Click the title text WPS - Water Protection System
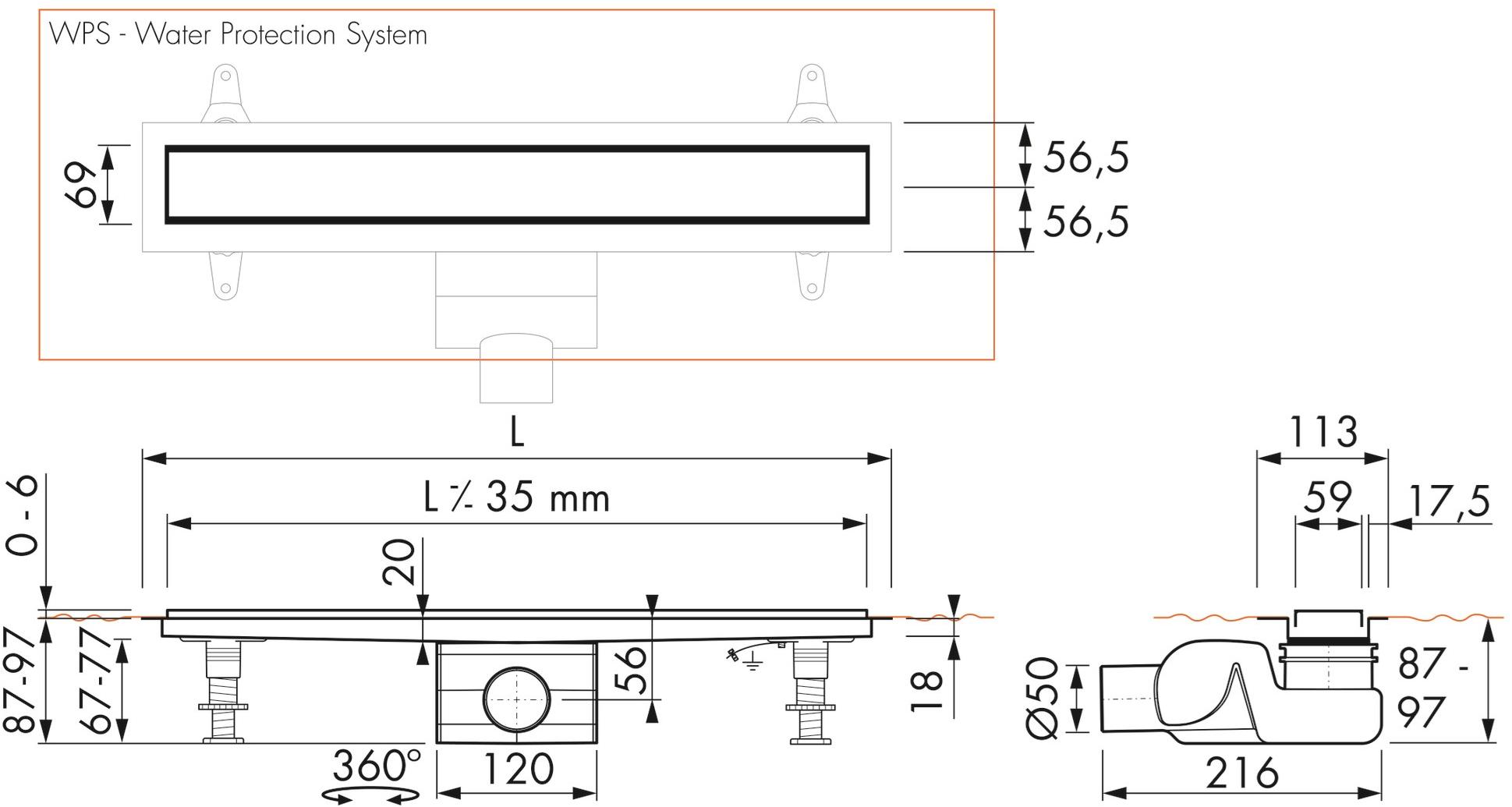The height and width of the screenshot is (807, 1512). (238, 35)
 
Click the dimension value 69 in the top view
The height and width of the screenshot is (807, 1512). (82, 185)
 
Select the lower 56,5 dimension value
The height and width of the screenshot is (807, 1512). (1085, 221)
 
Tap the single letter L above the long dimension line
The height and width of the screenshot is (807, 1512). (516, 432)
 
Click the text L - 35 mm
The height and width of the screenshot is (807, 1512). (516, 497)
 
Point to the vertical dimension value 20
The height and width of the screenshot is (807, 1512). (398, 562)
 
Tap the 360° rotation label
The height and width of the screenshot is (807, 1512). (376, 766)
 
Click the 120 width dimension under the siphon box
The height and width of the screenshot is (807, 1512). (518, 769)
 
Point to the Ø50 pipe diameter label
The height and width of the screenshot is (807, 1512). (1042, 698)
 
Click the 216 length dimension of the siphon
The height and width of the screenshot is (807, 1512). (1241, 773)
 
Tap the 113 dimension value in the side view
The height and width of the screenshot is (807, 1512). (1323, 431)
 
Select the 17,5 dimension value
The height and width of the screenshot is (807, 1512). (1450, 501)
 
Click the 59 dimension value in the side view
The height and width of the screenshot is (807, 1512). (1328, 497)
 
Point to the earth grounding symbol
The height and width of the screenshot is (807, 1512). (751, 664)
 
